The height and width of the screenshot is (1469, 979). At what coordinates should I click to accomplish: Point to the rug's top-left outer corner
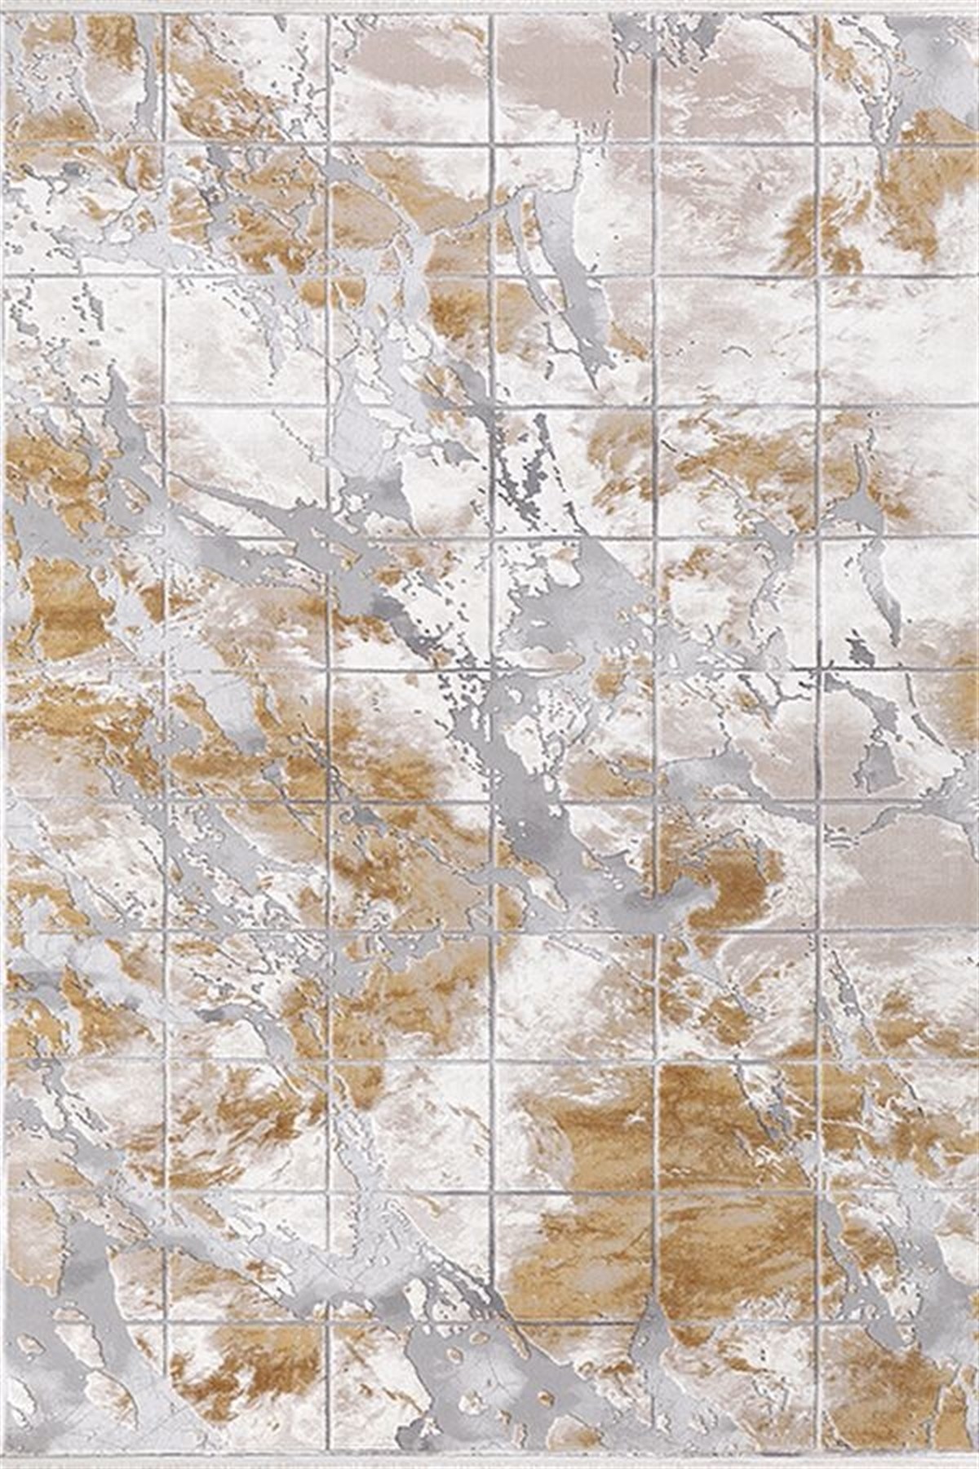[x=2, y=2]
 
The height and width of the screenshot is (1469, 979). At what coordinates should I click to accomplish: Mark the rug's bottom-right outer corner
[x=977, y=1467]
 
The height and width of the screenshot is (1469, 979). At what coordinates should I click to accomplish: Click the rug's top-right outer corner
[x=977, y=2]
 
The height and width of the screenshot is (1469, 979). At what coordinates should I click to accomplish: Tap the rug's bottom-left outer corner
[x=2, y=1467]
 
